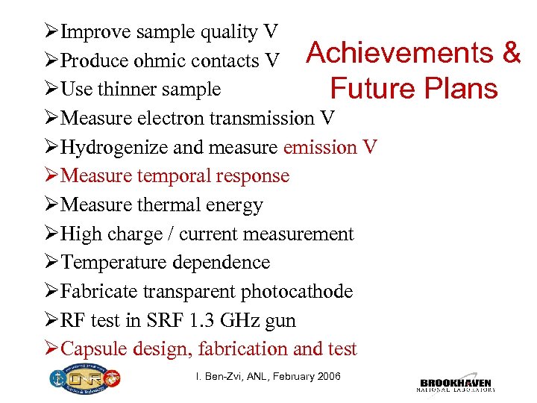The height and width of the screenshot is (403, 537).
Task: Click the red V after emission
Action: coord(370,148)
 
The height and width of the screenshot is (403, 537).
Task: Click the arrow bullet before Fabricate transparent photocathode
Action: coord(51,292)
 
